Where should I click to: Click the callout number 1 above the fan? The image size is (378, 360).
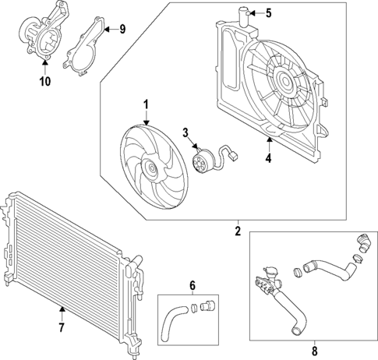pos(145,104)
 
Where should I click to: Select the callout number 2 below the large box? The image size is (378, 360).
pos(238,231)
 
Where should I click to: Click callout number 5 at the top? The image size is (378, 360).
pos(268,12)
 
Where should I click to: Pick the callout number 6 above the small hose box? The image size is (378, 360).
pos(192,285)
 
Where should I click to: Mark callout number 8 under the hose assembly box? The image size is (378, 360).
pos(315,348)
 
